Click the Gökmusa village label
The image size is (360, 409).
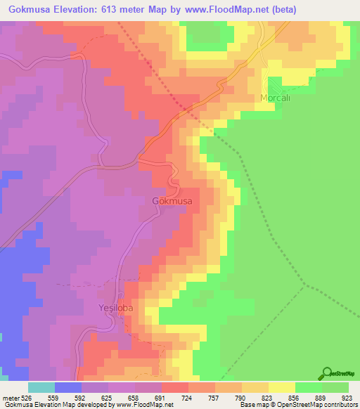172,200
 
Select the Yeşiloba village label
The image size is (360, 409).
115,308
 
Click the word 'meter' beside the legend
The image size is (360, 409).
10,397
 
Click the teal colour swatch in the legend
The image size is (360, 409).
41,387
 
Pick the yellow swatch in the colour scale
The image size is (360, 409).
281,387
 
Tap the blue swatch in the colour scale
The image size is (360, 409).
68,387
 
